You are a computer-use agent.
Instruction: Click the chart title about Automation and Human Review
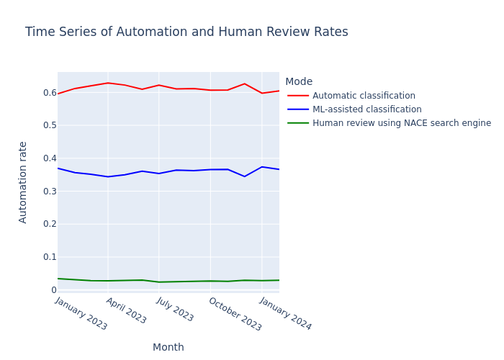186,32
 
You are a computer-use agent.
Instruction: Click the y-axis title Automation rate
23,181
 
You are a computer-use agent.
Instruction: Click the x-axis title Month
168,348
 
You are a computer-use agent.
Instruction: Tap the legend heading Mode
299,82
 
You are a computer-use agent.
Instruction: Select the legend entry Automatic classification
364,96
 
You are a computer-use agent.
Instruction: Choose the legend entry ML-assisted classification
366,109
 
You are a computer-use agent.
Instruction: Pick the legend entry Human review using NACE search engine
402,123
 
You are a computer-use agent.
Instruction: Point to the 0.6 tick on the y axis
49,93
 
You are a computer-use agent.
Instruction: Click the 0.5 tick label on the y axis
49,125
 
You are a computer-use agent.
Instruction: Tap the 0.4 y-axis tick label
49,158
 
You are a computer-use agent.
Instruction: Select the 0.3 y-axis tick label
49,191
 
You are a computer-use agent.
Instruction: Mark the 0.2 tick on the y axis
49,224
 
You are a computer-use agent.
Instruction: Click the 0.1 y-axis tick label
49,257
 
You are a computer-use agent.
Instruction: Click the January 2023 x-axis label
81,314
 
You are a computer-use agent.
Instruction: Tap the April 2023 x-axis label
126,311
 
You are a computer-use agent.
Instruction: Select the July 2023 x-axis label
175,310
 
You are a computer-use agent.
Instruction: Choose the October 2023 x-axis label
235,315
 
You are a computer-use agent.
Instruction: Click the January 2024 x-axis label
285,314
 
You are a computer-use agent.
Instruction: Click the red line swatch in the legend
298,96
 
